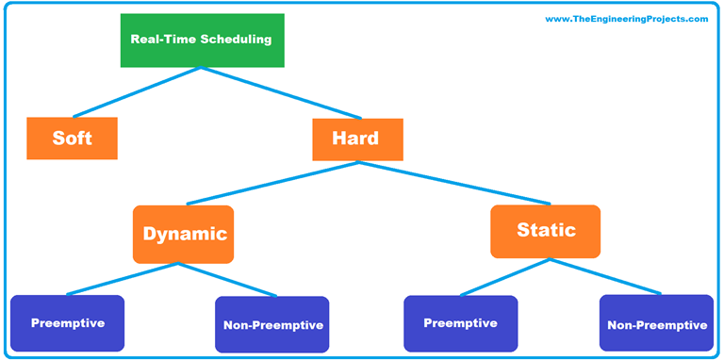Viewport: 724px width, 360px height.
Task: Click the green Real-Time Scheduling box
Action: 201,41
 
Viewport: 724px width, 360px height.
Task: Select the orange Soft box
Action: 72,138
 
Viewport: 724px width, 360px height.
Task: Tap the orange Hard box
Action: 357,139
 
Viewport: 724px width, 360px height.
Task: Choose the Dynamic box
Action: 184,234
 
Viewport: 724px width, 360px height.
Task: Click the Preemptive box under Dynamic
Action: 67,323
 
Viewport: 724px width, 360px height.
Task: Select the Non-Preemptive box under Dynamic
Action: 272,325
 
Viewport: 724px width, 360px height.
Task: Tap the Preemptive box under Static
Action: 460,323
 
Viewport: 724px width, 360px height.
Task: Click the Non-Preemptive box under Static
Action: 656,324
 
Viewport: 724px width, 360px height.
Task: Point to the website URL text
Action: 626,19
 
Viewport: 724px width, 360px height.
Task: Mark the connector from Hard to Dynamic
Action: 271,183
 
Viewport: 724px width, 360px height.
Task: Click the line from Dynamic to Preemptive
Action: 123,279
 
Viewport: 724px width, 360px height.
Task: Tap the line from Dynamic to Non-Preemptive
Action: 228,280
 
